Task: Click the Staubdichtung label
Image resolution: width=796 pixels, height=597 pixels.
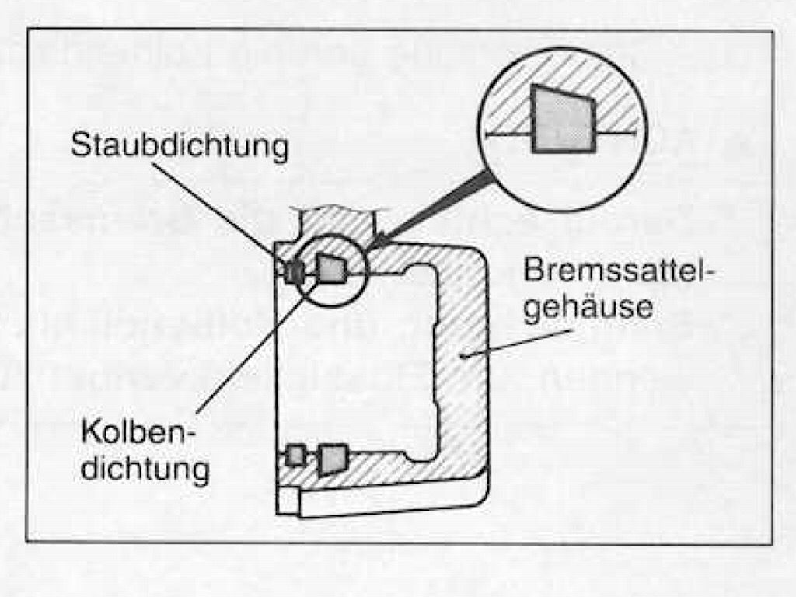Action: click(180, 146)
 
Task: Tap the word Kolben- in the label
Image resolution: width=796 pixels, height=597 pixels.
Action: click(138, 432)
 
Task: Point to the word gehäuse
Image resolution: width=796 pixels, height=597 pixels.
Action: click(588, 306)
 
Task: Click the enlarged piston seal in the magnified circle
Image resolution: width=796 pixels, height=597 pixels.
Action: click(563, 119)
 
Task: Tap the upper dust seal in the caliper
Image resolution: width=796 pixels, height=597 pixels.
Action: click(294, 273)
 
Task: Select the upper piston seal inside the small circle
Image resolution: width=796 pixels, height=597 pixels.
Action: click(331, 267)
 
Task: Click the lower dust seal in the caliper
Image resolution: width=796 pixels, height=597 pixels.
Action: click(295, 455)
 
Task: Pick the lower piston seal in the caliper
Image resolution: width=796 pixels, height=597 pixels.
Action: click(333, 459)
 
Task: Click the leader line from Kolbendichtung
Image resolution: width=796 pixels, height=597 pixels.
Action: click(259, 344)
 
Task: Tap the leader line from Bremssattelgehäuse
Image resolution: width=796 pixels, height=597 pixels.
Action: click(517, 343)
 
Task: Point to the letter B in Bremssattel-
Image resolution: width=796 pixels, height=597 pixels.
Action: click(533, 270)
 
